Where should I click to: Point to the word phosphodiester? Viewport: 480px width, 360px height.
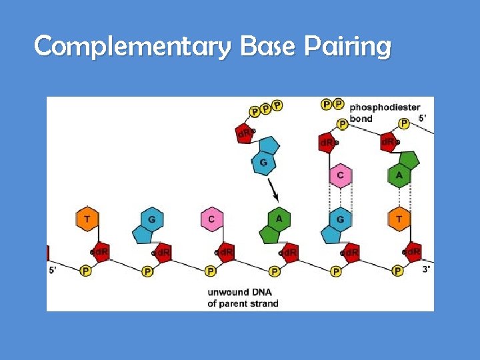pyautogui.click(x=385, y=107)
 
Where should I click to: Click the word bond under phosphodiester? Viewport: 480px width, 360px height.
pyautogui.click(x=361, y=119)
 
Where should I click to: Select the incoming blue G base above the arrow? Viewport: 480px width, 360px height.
pyautogui.click(x=264, y=162)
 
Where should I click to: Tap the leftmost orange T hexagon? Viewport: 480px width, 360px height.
pyautogui.click(x=86, y=219)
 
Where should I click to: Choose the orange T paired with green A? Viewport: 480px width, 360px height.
pyautogui.click(x=399, y=219)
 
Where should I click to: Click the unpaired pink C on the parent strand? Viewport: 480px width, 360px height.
pyautogui.click(x=211, y=219)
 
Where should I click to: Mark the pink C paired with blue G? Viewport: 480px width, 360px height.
pyautogui.click(x=341, y=175)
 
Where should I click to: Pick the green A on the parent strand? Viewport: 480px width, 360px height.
pyautogui.click(x=279, y=219)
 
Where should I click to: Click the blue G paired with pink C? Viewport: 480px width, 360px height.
pyautogui.click(x=340, y=219)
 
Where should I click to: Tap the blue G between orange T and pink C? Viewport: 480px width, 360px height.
pyautogui.click(x=152, y=219)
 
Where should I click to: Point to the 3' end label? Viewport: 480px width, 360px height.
pyautogui.click(x=426, y=270)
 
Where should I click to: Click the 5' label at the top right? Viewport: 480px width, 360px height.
pyautogui.click(x=423, y=118)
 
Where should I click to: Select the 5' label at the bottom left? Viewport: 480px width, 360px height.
pyautogui.click(x=54, y=270)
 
